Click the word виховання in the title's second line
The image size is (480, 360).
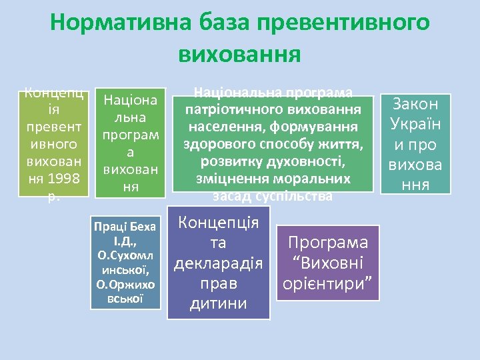(x=239, y=53)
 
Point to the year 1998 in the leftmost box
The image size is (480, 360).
(x=68, y=179)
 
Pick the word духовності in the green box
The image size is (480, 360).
(x=312, y=161)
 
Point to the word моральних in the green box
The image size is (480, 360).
(x=315, y=179)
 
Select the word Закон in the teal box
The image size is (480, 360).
(x=416, y=104)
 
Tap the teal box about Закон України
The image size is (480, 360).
(x=416, y=143)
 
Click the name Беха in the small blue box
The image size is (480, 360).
(x=143, y=227)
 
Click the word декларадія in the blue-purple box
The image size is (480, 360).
(x=218, y=264)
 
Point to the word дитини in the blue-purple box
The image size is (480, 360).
(x=218, y=303)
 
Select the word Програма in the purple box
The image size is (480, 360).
(x=327, y=243)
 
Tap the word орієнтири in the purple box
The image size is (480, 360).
(x=327, y=283)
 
